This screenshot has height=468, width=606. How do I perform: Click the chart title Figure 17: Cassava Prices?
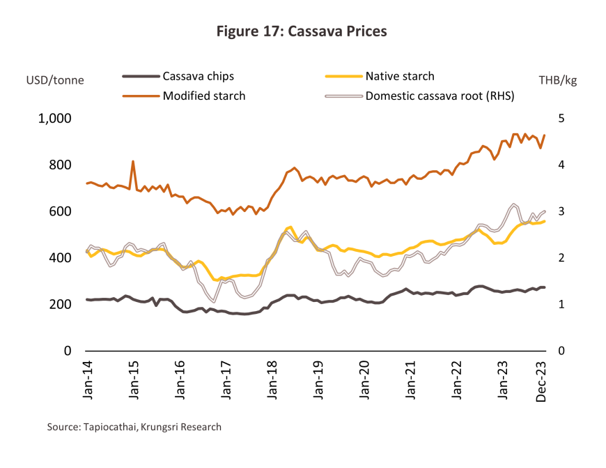click(x=302, y=31)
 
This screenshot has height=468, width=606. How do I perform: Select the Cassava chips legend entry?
click(x=198, y=76)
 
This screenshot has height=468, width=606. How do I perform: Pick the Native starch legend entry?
click(x=400, y=76)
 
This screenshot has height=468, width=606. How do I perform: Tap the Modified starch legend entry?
click(x=203, y=96)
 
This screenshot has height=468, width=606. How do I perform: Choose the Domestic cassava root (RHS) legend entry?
click(x=440, y=96)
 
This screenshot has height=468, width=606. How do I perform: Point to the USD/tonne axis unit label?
click(x=55, y=80)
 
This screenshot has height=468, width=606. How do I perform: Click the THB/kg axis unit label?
click(x=558, y=80)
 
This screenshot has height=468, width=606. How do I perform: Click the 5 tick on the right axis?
click(x=561, y=119)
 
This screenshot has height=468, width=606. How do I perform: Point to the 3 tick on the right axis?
click(x=561, y=211)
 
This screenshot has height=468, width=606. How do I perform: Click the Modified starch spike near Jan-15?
click(x=133, y=162)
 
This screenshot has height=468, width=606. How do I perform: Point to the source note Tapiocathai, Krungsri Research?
click(x=134, y=426)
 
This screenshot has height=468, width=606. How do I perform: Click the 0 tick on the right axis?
click(x=561, y=351)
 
